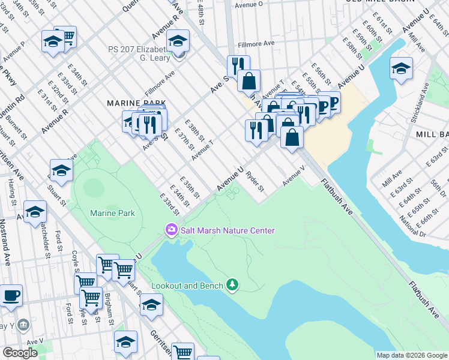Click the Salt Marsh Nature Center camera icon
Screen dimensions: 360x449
point(171,230)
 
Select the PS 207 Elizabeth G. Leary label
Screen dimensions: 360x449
point(143,53)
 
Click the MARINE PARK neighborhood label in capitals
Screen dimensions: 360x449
point(131,103)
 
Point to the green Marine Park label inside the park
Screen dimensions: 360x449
point(112,213)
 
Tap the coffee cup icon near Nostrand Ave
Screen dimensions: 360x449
point(11,295)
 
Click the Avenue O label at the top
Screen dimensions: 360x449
point(249,4)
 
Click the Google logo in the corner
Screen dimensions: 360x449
point(20,353)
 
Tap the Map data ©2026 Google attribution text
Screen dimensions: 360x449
point(411,355)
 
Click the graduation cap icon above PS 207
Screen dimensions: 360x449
point(178,41)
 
